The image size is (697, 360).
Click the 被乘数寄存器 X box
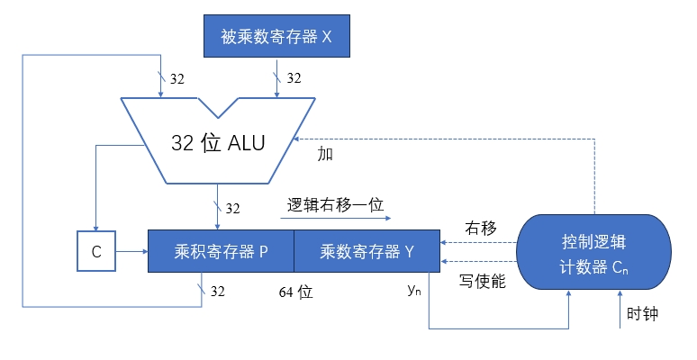(x=276, y=37)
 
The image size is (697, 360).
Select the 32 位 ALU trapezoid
(x=218, y=142)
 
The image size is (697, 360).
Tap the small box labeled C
(x=96, y=252)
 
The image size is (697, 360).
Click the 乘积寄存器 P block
(x=221, y=252)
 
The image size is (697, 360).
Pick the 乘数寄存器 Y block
(x=367, y=252)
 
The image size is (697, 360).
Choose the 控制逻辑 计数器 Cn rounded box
(x=594, y=252)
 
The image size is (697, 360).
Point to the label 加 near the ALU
(x=325, y=154)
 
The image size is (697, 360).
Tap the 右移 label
(x=481, y=227)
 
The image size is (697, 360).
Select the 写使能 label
(x=481, y=281)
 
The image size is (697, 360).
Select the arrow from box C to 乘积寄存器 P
(x=131, y=252)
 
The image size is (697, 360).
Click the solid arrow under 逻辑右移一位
(x=337, y=217)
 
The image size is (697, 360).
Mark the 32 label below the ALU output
(x=232, y=209)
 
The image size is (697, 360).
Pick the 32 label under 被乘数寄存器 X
(x=294, y=79)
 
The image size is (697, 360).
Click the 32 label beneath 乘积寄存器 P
(x=218, y=292)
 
